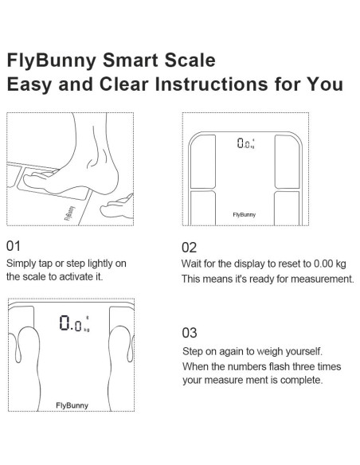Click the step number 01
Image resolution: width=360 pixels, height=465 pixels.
click(x=14, y=245)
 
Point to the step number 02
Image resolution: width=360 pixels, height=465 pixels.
click(x=190, y=247)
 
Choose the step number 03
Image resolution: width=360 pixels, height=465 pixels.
click(x=190, y=332)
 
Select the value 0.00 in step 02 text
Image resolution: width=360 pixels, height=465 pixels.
click(x=318, y=263)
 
